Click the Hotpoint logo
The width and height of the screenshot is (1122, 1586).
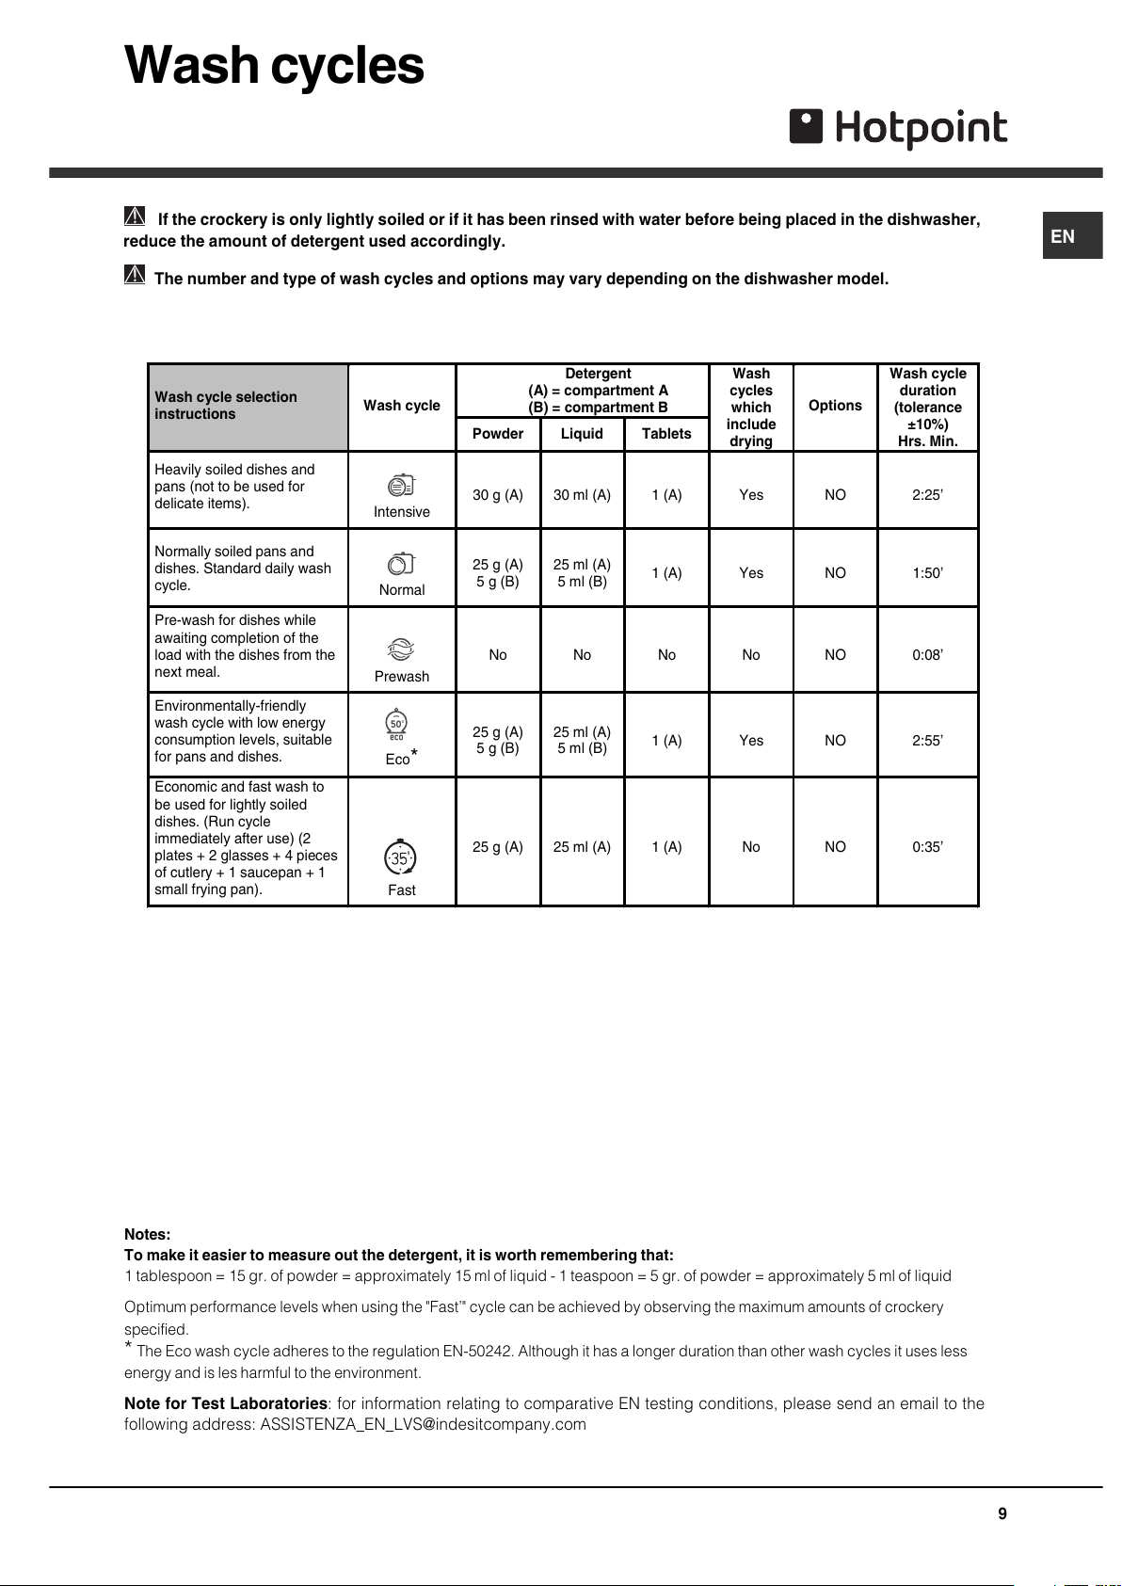(x=898, y=128)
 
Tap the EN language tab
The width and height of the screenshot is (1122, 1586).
(x=1063, y=236)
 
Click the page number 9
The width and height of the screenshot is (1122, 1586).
(x=1002, y=1514)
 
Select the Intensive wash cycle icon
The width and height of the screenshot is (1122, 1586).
(x=401, y=486)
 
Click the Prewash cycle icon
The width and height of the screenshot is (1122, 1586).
(x=401, y=649)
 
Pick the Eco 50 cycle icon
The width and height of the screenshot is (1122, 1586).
(x=396, y=724)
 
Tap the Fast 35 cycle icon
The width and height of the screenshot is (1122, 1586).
(x=400, y=857)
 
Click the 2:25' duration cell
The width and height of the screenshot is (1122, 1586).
(x=927, y=495)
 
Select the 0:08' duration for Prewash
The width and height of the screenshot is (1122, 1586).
(x=927, y=655)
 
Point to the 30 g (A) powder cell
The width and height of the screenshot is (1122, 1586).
(x=498, y=495)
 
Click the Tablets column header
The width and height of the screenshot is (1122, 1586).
(x=666, y=434)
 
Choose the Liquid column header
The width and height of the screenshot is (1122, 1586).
(x=582, y=434)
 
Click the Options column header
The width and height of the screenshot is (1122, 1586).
(x=835, y=406)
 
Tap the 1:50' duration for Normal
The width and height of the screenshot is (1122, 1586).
(x=927, y=573)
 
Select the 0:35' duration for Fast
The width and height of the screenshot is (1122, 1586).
(x=927, y=847)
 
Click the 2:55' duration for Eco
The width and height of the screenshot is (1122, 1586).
(x=927, y=741)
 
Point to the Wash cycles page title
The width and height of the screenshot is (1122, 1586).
(x=274, y=66)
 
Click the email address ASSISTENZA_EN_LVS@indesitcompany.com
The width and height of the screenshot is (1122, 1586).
(x=423, y=1425)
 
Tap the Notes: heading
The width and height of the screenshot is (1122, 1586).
(x=148, y=1235)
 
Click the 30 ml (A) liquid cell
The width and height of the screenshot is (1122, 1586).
(x=582, y=495)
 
